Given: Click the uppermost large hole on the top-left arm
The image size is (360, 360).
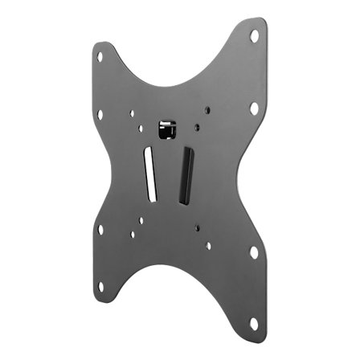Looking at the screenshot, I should click(100, 57).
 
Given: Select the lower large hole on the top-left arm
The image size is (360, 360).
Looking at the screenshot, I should click(100, 114).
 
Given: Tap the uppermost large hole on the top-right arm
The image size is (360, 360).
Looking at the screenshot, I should click(254, 36).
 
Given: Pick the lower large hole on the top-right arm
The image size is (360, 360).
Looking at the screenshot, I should click(254, 107).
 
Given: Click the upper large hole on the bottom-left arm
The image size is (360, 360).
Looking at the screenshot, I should click(100, 229).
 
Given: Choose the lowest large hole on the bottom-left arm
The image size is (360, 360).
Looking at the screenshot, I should click(100, 286).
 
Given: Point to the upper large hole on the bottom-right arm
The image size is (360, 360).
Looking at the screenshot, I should click(254, 252).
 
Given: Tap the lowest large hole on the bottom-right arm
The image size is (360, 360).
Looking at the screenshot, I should click(254, 323).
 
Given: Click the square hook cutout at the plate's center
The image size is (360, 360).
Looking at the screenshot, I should click(166, 129).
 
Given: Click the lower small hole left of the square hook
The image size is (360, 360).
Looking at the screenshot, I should click(141, 127).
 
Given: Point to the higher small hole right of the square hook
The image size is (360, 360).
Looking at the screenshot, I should click(207, 111).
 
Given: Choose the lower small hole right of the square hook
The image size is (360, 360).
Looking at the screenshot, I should click(195, 126).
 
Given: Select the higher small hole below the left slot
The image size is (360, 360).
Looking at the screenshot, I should click(141, 219).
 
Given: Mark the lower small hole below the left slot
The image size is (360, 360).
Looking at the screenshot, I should click(133, 235).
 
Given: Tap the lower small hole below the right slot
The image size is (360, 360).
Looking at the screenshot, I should click(207, 246).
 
